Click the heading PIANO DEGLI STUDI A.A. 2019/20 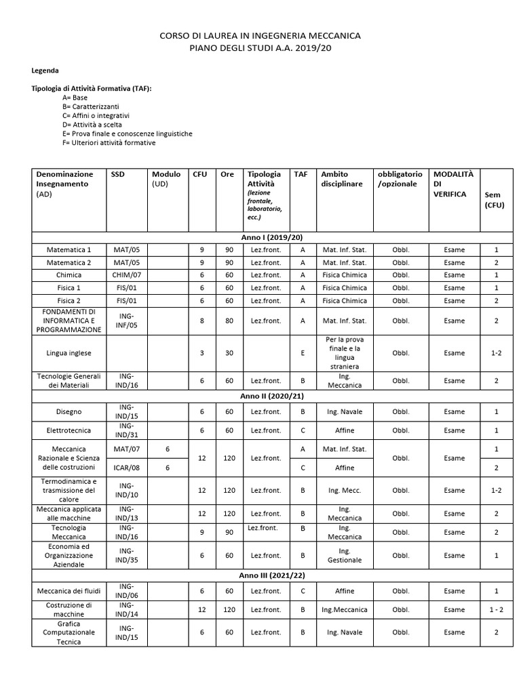click(260, 49)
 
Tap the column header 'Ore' click(227, 174)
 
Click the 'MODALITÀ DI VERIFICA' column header click(450, 184)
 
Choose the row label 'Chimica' click(69, 275)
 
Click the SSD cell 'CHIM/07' click(127, 275)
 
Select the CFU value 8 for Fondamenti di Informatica click(201, 321)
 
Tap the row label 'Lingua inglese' click(69, 353)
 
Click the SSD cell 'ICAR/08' click(127, 468)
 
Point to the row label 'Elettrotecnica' click(69, 430)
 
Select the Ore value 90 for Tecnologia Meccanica click(229, 533)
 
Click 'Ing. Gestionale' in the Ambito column click(345, 556)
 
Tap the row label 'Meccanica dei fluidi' click(69, 591)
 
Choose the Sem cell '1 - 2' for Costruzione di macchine click(496, 610)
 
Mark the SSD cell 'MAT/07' click(127, 449)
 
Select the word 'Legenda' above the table click(45, 70)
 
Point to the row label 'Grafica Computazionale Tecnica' click(69, 632)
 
